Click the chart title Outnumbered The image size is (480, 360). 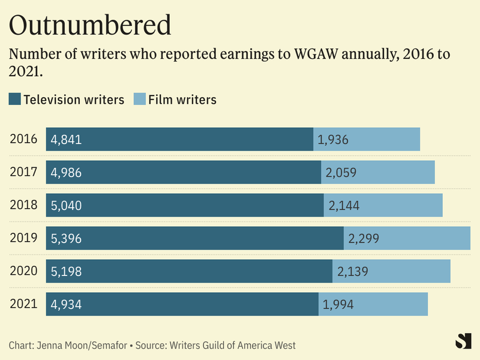pyautogui.click(x=90, y=25)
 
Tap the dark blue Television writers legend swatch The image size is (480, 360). pyautogui.click(x=15, y=100)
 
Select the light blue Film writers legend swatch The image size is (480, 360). pyautogui.click(x=138, y=100)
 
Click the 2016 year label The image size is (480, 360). pyautogui.click(x=24, y=140)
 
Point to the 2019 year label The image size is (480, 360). pyautogui.click(x=24, y=238)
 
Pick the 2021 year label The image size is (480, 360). pyautogui.click(x=24, y=304)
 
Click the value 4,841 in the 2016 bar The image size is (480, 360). pyautogui.click(x=66, y=140)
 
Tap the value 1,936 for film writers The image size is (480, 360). pyautogui.click(x=333, y=140)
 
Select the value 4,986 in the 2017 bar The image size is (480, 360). pyautogui.click(x=66, y=173)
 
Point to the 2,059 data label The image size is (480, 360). pyautogui.click(x=341, y=173)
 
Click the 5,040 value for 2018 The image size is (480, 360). pyautogui.click(x=66, y=206)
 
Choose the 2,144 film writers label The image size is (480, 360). pyautogui.click(x=344, y=206)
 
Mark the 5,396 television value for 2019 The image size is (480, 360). pyautogui.click(x=66, y=238)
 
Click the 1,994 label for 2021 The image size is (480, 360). pyautogui.click(x=338, y=304)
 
